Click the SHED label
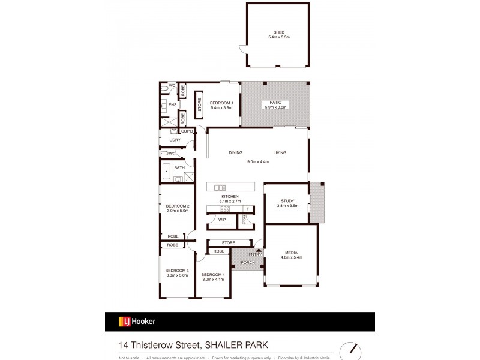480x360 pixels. (279, 32)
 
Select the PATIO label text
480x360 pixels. (276, 103)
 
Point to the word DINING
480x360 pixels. (235, 152)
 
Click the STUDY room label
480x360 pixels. (287, 201)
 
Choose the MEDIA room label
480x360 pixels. (291, 253)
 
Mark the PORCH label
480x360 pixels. (247, 262)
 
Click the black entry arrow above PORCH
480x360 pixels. (259, 250)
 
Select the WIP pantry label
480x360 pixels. (221, 220)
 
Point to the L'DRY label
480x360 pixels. (175, 140)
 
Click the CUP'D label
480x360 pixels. (187, 131)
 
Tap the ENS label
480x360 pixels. (172, 105)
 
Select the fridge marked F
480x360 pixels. (247, 209)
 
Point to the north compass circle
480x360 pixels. (352, 350)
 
